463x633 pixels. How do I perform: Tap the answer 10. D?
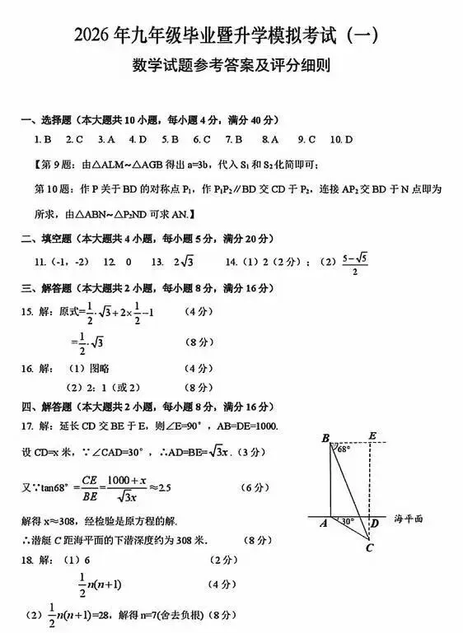[341, 139]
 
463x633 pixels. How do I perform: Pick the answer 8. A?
[270, 139]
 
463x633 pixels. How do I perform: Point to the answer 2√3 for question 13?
[182, 262]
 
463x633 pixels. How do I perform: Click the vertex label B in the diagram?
[325, 436]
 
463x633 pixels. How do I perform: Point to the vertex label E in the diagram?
[373, 436]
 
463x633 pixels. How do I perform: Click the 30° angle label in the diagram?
[348, 521]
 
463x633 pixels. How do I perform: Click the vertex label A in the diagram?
[323, 524]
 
